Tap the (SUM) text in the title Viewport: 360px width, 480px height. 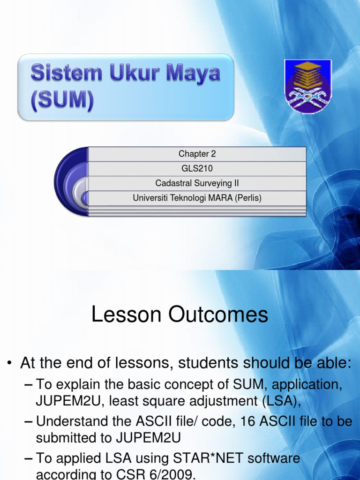(x=62, y=101)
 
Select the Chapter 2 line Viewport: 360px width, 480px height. (x=197, y=154)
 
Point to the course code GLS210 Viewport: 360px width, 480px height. (x=197, y=168)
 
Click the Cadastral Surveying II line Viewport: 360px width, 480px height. (x=197, y=183)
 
